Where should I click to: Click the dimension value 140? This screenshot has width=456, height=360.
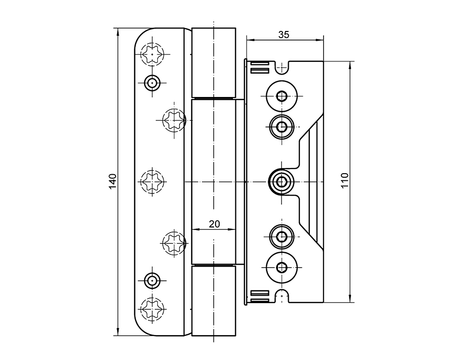113,181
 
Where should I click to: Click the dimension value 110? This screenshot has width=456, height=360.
345,181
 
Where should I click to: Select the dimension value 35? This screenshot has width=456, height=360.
284,35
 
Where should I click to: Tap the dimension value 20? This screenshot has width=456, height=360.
214,223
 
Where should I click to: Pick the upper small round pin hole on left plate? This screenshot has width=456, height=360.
152,82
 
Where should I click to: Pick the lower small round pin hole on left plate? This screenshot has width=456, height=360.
152,280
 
